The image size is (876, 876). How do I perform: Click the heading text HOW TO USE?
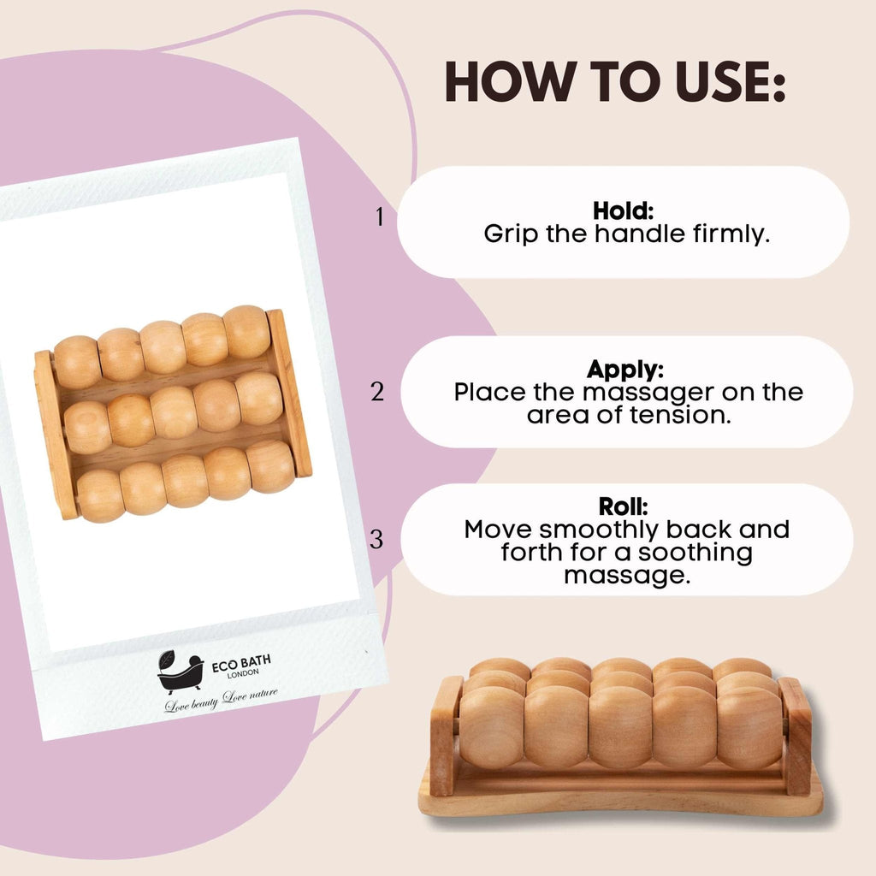[614, 83]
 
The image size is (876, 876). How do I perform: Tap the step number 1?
[380, 217]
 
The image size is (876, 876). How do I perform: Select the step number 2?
[378, 393]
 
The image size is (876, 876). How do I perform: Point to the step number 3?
[377, 540]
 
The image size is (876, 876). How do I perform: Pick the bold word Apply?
[626, 370]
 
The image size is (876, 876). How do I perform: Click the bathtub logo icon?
[179, 672]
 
